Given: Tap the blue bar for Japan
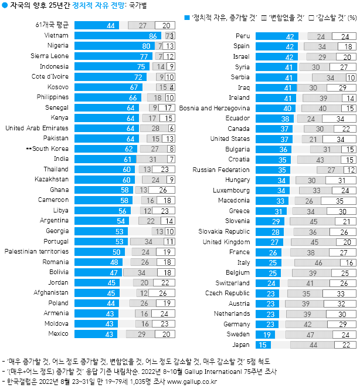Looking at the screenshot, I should [261, 345].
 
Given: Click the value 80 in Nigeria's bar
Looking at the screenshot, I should [145, 46].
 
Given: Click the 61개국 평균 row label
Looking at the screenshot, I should [53, 25].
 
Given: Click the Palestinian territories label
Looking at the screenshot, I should [38, 252].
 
